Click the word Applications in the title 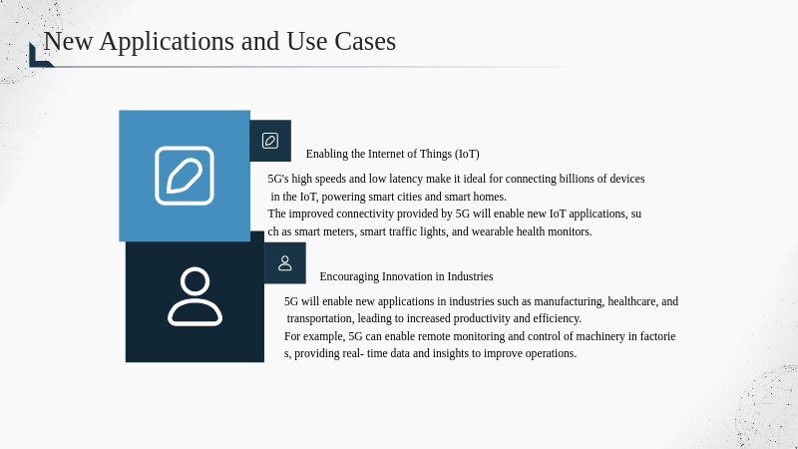[x=167, y=41]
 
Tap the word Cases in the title [x=365, y=41]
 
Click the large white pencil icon [x=185, y=176]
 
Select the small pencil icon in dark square [x=270, y=141]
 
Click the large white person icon [x=195, y=296]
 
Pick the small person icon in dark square [x=285, y=263]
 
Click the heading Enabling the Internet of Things [x=392, y=154]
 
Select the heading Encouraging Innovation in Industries [x=406, y=276]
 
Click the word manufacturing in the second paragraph [x=569, y=301]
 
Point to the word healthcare [x=632, y=301]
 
